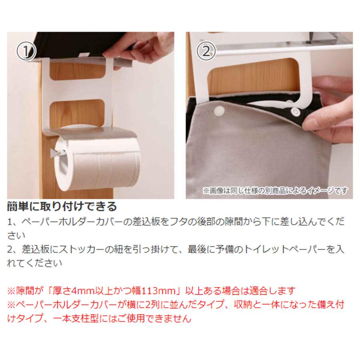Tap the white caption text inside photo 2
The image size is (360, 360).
point(275,190)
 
